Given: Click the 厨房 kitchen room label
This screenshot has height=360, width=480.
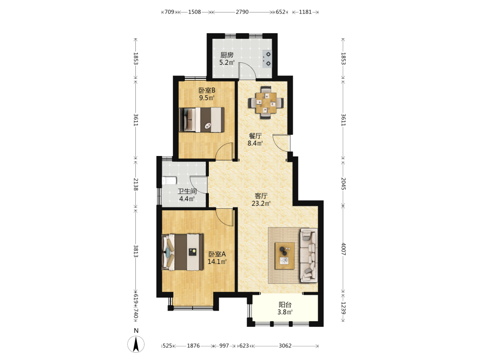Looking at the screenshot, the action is pos(227,55).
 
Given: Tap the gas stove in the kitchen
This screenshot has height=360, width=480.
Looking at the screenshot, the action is pos(266,59).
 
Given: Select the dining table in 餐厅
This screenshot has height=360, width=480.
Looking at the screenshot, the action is pos(266,103).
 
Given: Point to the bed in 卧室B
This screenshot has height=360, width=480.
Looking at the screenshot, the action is pos(202,120).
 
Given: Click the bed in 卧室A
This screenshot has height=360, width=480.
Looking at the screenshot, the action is pos(183,252).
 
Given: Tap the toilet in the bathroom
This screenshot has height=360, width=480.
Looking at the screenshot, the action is pos(169,180).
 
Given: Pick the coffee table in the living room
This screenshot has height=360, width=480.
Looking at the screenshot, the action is pos(285,256).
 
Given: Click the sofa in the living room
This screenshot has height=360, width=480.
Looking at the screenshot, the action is pos(309,255).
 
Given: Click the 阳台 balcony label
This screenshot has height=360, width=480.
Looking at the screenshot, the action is pos(285,305).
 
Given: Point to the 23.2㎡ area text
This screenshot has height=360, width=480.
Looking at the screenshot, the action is pos(261,203).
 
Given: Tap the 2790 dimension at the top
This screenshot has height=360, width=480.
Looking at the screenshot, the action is pos(242,12).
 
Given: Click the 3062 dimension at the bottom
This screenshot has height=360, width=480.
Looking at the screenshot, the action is pos(285,346).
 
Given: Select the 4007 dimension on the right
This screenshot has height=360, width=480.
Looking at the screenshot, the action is pos(344,249).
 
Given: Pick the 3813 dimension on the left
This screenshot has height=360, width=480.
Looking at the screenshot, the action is pos(136,252).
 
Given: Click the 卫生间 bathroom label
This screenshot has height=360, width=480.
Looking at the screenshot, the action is pos(187,192).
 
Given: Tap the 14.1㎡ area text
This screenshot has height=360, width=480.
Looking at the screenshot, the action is pos(217,262).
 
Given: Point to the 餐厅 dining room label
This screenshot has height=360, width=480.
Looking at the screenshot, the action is pos(255,136).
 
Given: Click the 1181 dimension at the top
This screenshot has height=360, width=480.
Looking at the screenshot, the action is pos(305,12).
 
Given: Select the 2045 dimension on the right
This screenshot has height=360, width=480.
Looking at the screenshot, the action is pos(344,184).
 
